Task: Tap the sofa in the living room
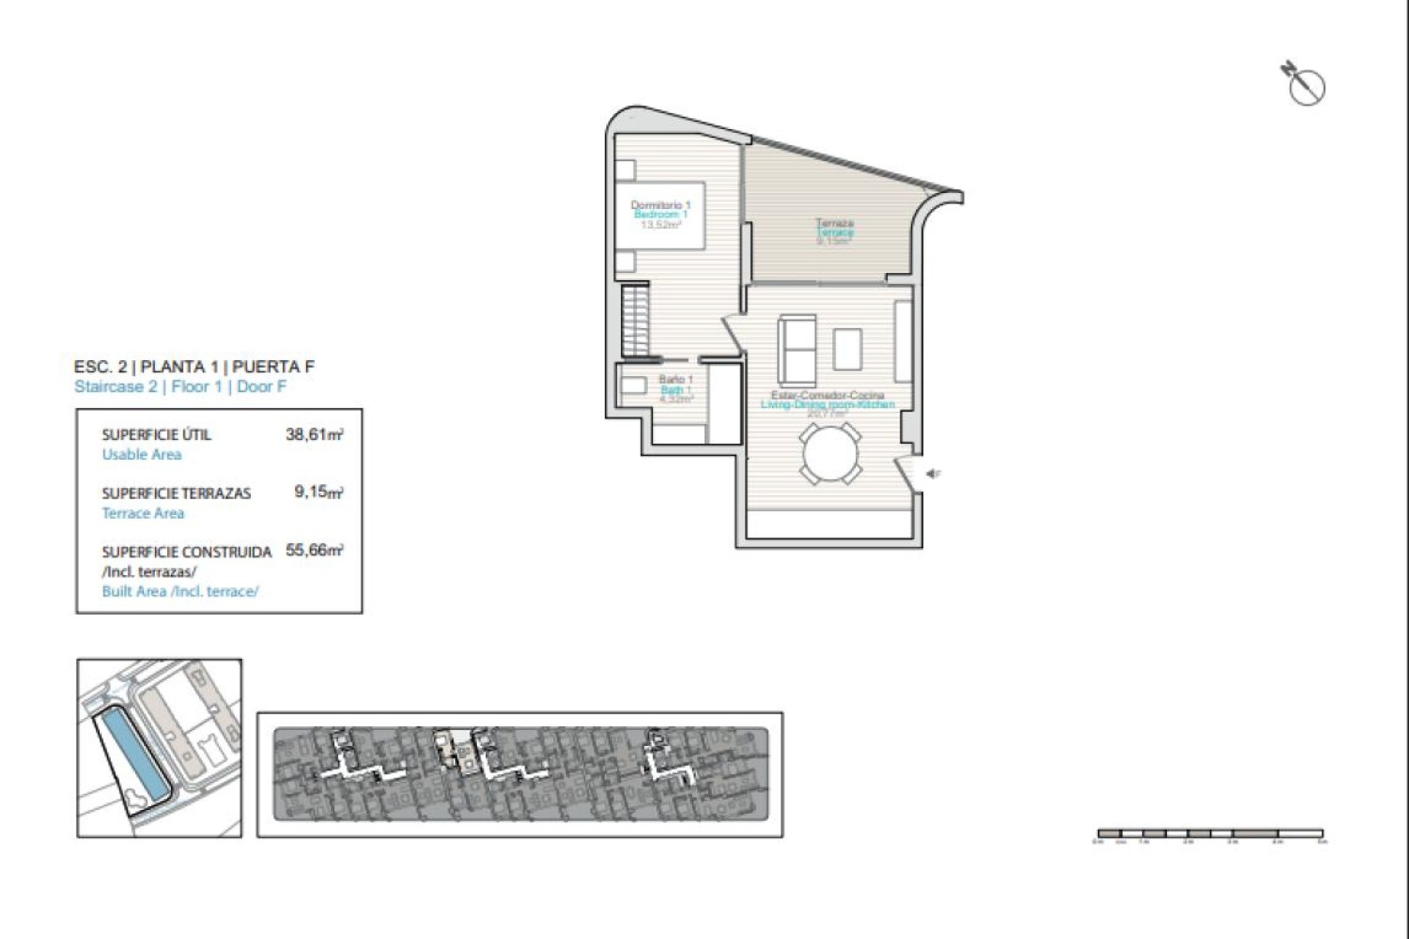pos(797,351)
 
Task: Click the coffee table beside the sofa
pos(848,350)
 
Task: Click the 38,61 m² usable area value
pos(314,434)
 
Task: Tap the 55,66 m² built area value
pos(314,550)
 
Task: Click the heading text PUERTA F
pos(273,367)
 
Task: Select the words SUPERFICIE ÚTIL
pos(156,434)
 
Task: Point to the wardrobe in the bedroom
pos(636,320)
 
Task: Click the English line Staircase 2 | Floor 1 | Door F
pos(180,387)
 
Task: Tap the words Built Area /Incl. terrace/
pos(180,591)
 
